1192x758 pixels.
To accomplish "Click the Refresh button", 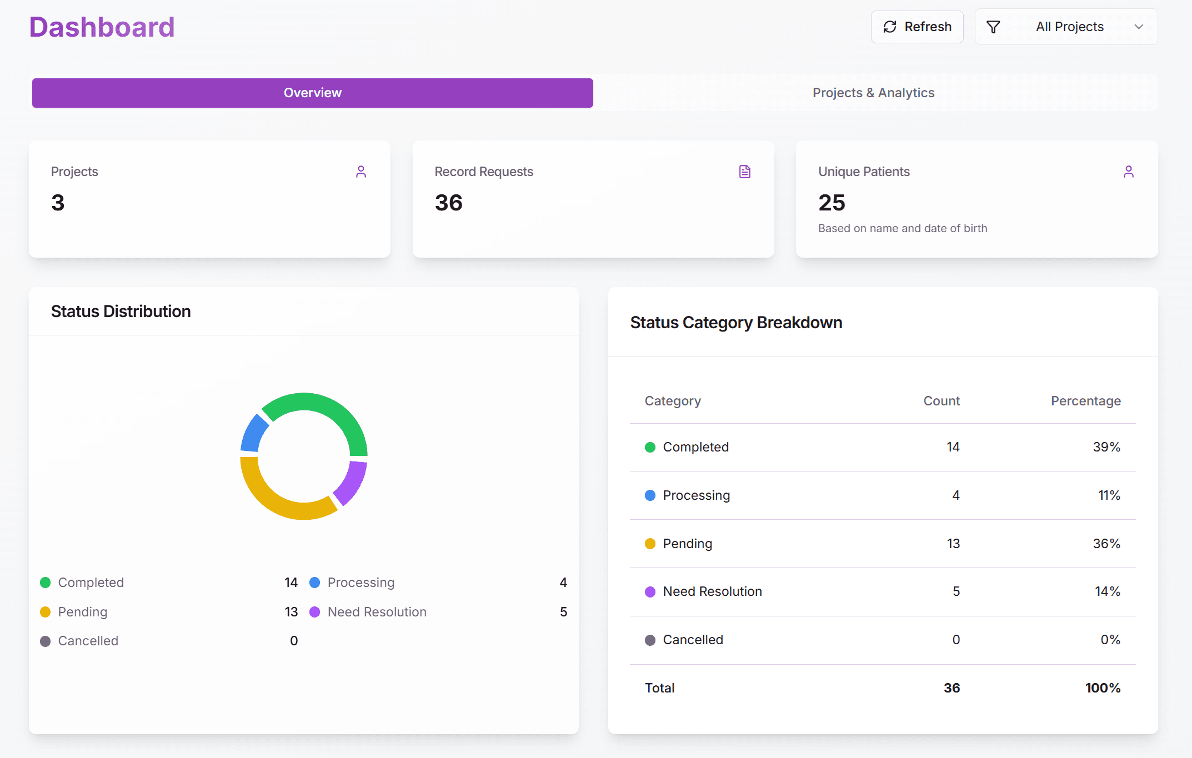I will click(917, 27).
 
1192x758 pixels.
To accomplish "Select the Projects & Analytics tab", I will click(873, 93).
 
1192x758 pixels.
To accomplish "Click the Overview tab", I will click(312, 93).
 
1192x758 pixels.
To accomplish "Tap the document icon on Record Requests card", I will click(745, 172).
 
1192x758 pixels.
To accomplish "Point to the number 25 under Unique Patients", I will click(832, 203).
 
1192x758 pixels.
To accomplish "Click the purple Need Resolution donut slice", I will click(352, 481).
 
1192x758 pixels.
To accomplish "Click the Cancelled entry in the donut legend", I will click(88, 641).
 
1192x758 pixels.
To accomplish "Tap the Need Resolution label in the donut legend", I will click(377, 612).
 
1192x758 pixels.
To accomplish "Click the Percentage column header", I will click(1085, 401).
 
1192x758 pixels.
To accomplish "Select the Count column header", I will click(941, 401).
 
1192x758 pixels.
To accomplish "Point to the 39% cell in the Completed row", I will click(1106, 447).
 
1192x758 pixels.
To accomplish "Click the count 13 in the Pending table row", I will click(953, 544).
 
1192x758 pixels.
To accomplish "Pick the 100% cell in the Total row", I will click(1103, 688).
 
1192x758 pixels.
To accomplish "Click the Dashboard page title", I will click(102, 27).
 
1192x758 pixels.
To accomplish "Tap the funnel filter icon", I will click(993, 27).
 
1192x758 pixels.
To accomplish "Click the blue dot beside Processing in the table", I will click(650, 495).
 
